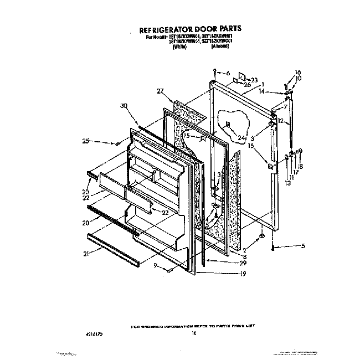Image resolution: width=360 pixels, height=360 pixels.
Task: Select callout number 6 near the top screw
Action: pos(228,73)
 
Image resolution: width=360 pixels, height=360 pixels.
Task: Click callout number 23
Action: pos(254,80)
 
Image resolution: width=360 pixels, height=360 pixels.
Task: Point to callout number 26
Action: pos(247,84)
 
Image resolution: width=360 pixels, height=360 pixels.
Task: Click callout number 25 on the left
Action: pos(85,142)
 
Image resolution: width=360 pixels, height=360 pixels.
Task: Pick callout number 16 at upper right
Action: pos(297,72)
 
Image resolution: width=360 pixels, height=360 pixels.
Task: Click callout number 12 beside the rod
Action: pos(281,121)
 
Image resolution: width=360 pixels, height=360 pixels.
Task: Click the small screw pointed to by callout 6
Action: pos(214,73)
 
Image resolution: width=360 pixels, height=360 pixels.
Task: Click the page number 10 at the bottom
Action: pos(194,334)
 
